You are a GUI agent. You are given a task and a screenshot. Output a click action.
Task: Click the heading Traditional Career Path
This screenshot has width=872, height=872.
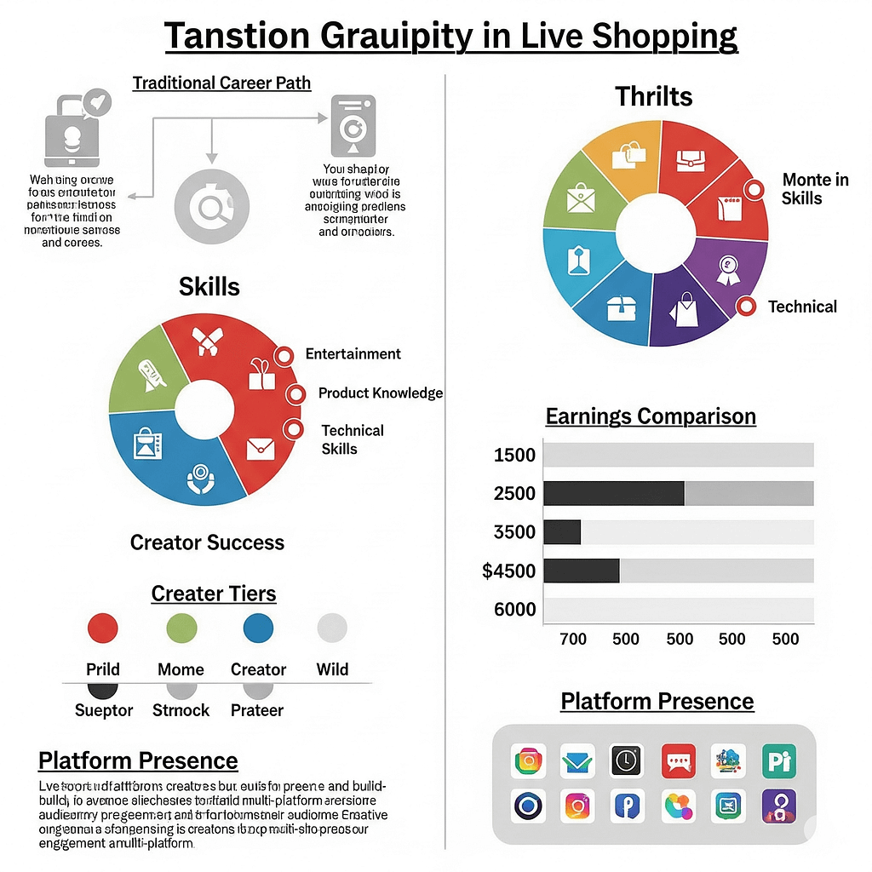pyautogui.click(x=221, y=83)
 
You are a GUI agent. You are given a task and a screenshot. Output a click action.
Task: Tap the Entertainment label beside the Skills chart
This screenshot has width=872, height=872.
pyautogui.click(x=353, y=353)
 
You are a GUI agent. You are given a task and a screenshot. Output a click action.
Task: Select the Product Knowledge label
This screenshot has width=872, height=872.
pyautogui.click(x=380, y=393)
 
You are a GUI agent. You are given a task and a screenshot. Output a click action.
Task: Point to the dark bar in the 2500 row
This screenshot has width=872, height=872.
pyautogui.click(x=613, y=493)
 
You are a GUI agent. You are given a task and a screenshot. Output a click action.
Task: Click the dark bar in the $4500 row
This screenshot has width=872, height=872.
pyautogui.click(x=581, y=571)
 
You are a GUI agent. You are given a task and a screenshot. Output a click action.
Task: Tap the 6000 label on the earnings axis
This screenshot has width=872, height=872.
pyautogui.click(x=514, y=610)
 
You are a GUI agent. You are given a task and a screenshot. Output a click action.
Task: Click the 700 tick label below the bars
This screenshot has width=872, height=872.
pyautogui.click(x=573, y=639)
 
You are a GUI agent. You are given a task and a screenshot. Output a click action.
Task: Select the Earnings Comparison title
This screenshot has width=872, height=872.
pyautogui.click(x=650, y=416)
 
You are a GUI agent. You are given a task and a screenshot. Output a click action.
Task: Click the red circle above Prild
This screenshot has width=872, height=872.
pyautogui.click(x=103, y=628)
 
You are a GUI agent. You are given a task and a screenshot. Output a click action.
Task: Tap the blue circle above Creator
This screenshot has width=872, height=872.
pyautogui.click(x=258, y=628)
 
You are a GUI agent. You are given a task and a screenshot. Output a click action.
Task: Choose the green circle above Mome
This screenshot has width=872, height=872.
pyautogui.click(x=181, y=628)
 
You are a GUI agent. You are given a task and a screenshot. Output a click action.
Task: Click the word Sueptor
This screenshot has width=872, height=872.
pyautogui.click(x=104, y=710)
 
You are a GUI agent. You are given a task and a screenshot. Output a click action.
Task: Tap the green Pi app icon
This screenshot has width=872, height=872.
pyautogui.click(x=779, y=760)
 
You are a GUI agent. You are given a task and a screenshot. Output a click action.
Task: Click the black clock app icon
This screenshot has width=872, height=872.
pyautogui.click(x=628, y=760)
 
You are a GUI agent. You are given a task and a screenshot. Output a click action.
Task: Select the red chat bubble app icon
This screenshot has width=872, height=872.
pyautogui.click(x=679, y=760)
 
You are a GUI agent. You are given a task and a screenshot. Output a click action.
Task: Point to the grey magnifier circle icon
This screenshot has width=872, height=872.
pyautogui.click(x=211, y=205)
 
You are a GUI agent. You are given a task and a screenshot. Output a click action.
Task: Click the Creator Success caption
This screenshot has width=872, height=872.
pyautogui.click(x=207, y=542)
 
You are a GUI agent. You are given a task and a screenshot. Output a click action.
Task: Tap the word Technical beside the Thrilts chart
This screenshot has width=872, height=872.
pyautogui.click(x=802, y=307)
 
